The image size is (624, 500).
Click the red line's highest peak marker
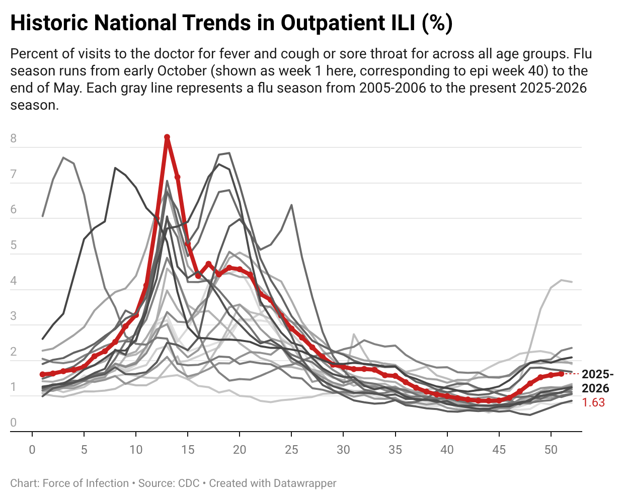pyautogui.click(x=167, y=137)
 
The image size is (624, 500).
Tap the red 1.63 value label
pyautogui.click(x=593, y=402)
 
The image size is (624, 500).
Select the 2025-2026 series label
pyautogui.click(x=597, y=381)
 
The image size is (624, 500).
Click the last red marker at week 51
pyautogui.click(x=561, y=374)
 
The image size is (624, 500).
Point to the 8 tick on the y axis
pyautogui.click(x=14, y=138)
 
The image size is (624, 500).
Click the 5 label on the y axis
pyautogui.click(x=14, y=245)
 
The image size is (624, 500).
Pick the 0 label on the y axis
pyautogui.click(x=14, y=423)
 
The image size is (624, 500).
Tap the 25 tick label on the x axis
pyautogui.click(x=291, y=450)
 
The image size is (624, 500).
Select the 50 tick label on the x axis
pyautogui.click(x=551, y=450)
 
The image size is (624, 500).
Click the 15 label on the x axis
pyautogui.click(x=188, y=450)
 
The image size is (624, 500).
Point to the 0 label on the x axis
pyautogui.click(x=32, y=450)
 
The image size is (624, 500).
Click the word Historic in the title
pyautogui.click(x=49, y=23)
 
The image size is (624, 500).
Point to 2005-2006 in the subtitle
pyautogui.click(x=393, y=88)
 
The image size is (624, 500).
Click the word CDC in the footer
pyautogui.click(x=189, y=483)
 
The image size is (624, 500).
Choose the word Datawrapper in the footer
pyautogui.click(x=305, y=484)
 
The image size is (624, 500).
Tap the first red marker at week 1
pyautogui.click(x=42, y=374)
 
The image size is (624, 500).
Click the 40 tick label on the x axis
pyautogui.click(x=447, y=450)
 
